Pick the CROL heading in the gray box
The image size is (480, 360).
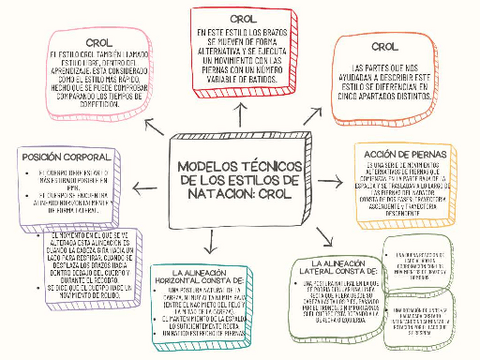click(x=383, y=47)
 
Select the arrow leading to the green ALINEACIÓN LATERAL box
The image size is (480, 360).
click(x=324, y=236)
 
